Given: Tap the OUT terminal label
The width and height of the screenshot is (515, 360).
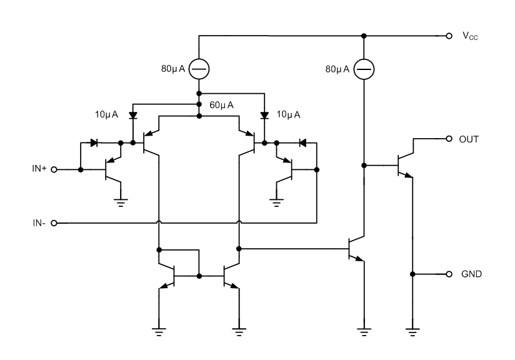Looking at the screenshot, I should point(469,139).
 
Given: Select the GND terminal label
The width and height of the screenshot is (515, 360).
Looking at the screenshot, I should point(471,274).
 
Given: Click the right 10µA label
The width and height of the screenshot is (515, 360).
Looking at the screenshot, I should point(288,114).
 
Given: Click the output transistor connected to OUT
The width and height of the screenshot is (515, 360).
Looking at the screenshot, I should point(402,164).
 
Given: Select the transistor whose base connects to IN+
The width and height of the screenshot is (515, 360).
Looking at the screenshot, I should point(112,169).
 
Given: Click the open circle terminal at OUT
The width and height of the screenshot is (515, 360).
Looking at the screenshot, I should point(449,139).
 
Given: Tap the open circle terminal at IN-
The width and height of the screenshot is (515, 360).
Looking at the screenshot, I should point(54,222).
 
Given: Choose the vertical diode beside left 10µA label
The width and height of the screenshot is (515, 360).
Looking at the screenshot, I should point(133,116).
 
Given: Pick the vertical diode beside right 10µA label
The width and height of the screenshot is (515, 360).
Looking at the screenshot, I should point(264,116).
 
